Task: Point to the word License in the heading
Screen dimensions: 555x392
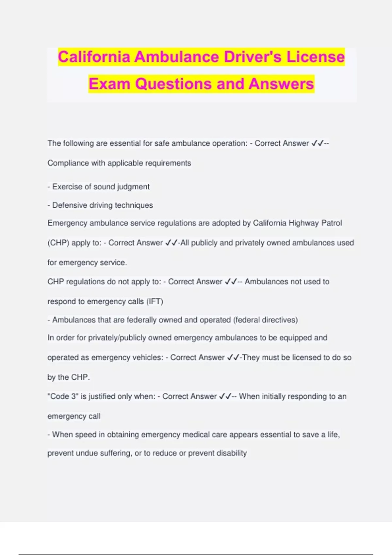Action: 316,57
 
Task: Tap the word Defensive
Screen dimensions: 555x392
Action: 69,205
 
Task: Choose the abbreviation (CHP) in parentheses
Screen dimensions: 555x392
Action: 58,243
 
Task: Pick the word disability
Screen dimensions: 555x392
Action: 231,453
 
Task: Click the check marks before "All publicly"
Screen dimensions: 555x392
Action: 171,243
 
